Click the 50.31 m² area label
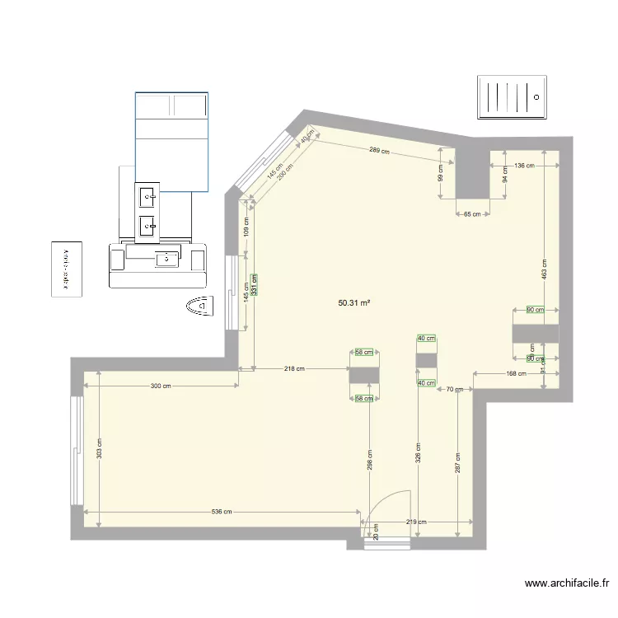pos(353,303)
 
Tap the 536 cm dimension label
pos(221,512)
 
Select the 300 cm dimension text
pos(161,386)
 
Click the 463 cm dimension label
pos(545,269)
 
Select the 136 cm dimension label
pos(525,166)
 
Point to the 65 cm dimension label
pos(473,214)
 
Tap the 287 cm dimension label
pos(457,461)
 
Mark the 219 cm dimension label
pos(417,522)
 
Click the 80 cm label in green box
pos(536,310)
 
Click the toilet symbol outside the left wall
pos(199,306)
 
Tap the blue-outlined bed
pos(171,142)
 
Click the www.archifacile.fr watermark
pos(567,583)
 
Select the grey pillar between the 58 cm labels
pos(363,375)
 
